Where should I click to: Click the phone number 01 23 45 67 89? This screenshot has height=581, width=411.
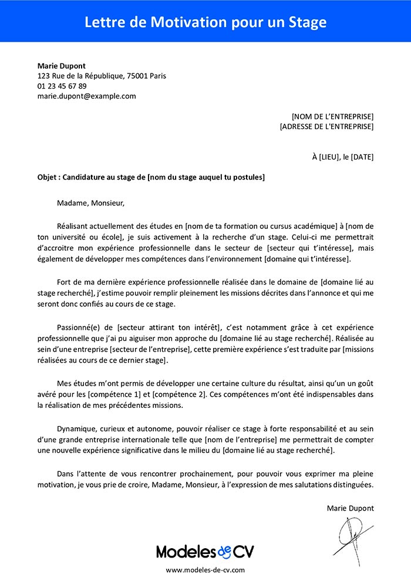(62, 86)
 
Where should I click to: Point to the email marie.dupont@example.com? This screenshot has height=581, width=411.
(86, 96)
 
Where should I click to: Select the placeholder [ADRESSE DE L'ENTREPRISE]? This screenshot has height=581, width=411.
(326, 126)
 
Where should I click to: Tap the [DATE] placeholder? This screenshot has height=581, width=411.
(362, 157)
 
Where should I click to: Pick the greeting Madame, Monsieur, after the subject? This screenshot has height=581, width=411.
(91, 204)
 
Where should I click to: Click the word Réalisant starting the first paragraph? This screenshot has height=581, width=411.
(75, 226)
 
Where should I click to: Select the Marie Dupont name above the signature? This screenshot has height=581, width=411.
(350, 508)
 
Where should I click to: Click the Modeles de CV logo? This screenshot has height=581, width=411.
(206, 551)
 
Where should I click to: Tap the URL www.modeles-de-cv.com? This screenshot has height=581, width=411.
(206, 570)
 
